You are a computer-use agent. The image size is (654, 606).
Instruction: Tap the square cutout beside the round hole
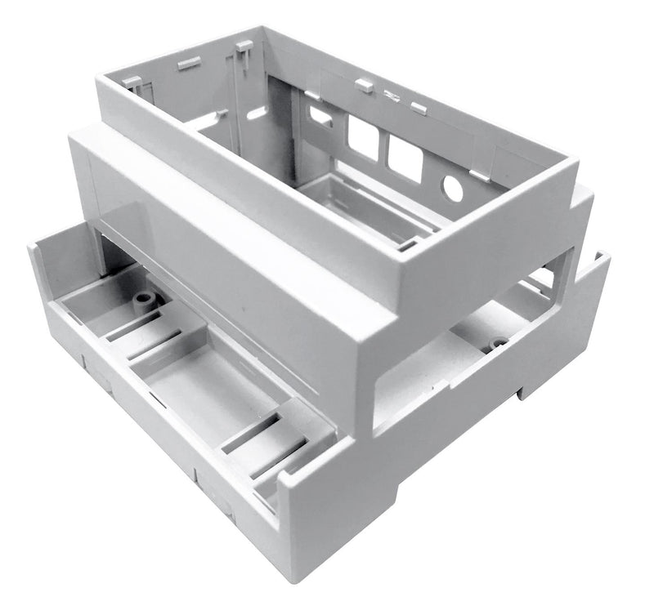point(405,158)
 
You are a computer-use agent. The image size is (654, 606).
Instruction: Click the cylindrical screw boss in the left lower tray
point(146,301)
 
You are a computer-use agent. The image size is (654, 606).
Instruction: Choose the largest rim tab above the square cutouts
point(365,84)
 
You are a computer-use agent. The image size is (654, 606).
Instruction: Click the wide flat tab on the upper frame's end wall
point(189,62)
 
